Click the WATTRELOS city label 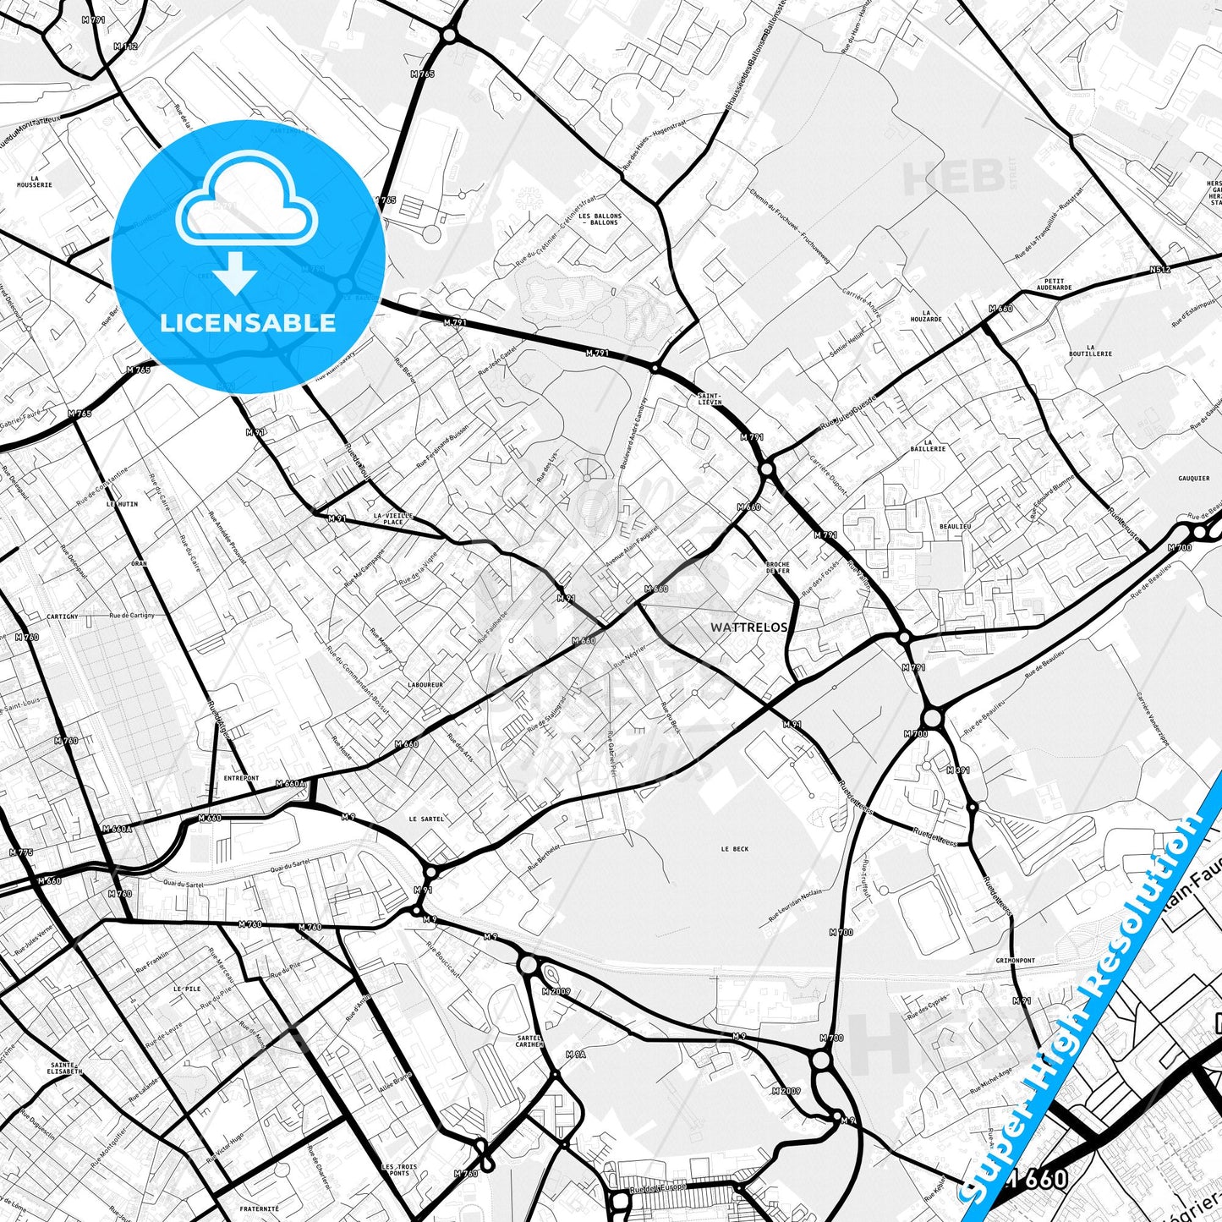[x=749, y=627]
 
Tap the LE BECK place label [x=734, y=849]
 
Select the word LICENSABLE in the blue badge [x=248, y=322]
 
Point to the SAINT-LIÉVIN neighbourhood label [x=709, y=398]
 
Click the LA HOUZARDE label [x=926, y=315]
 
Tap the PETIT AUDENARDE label [x=1054, y=284]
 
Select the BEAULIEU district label [x=955, y=526]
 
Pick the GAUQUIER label [x=1193, y=479]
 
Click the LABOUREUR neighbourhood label [x=425, y=685]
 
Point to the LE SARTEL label [x=425, y=819]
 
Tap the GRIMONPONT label [x=1015, y=961]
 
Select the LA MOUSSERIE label [x=35, y=181]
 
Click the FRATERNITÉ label [x=260, y=1209]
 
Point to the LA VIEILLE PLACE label [x=393, y=518]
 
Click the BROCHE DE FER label [x=777, y=567]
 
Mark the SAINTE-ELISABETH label [x=65, y=1068]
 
